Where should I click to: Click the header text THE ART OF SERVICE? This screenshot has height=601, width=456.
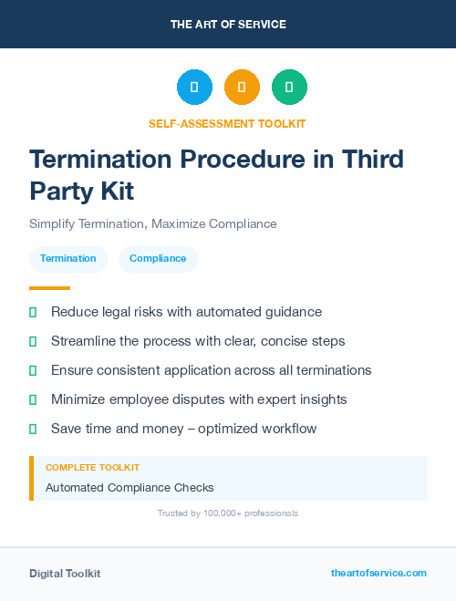(x=228, y=25)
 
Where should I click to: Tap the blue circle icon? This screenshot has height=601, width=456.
(x=194, y=87)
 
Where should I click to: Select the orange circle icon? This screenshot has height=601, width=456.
(x=242, y=87)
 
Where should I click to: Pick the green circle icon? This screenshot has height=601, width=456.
(x=289, y=87)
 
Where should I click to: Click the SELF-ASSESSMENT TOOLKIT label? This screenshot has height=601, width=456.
(x=228, y=123)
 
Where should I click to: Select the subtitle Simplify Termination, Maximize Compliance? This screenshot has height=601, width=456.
(x=152, y=223)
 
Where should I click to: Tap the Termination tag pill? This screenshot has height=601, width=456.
(x=68, y=258)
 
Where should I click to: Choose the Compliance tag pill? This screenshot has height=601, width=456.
(x=158, y=258)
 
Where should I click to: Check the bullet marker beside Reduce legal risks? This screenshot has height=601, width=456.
(x=33, y=312)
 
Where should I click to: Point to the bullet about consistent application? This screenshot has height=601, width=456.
(x=211, y=370)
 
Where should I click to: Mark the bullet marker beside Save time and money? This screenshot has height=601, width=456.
(x=33, y=429)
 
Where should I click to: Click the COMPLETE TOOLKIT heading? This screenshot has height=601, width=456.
(x=92, y=467)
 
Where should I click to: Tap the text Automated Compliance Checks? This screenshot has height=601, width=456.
(x=130, y=488)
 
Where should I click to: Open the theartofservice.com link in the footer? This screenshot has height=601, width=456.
(x=378, y=573)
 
